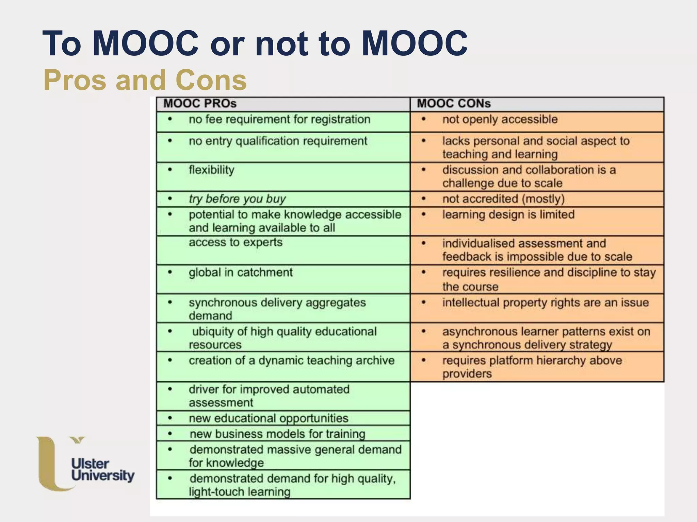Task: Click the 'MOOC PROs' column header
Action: tap(200, 104)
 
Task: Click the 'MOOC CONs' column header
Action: tap(454, 104)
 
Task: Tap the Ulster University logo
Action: tap(85, 464)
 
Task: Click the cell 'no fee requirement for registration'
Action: tap(279, 120)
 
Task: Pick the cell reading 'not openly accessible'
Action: tap(500, 120)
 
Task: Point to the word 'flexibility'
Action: tap(211, 170)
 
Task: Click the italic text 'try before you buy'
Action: tap(237, 199)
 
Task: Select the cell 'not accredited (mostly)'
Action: tap(503, 199)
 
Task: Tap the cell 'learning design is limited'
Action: tap(508, 214)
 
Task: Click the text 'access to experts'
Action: tap(236, 242)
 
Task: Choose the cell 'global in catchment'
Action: tap(241, 273)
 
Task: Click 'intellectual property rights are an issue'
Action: tap(545, 302)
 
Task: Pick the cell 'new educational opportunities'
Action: tap(269, 418)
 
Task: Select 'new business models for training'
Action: tap(277, 434)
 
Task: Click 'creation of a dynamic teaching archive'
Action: tap(292, 360)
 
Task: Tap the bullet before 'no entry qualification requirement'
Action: tap(170, 141)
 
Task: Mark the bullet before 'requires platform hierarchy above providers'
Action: tap(424, 361)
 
